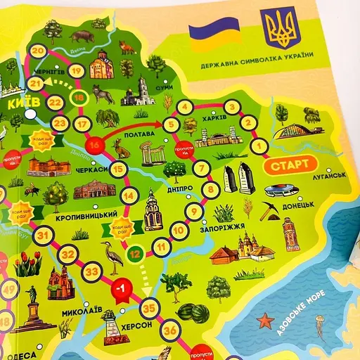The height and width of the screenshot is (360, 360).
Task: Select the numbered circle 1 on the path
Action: pos(259,146)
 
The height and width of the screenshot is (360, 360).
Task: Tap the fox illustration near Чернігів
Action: pos(127,48)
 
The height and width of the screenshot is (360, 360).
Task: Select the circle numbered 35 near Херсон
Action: pos(150,307)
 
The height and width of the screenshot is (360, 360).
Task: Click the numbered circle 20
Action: pos(38,51)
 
